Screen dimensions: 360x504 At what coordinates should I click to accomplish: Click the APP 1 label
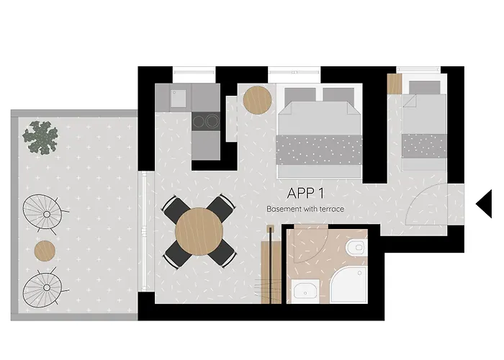tap(306, 194)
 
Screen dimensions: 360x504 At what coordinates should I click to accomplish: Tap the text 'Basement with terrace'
tap(305, 209)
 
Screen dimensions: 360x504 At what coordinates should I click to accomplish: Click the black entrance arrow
tap(484, 204)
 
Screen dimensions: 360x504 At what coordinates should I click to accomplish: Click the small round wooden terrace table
tap(45, 251)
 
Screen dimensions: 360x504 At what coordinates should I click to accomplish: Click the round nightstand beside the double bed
tap(256, 99)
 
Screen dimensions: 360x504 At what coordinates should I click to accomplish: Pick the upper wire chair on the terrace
tap(44, 210)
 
